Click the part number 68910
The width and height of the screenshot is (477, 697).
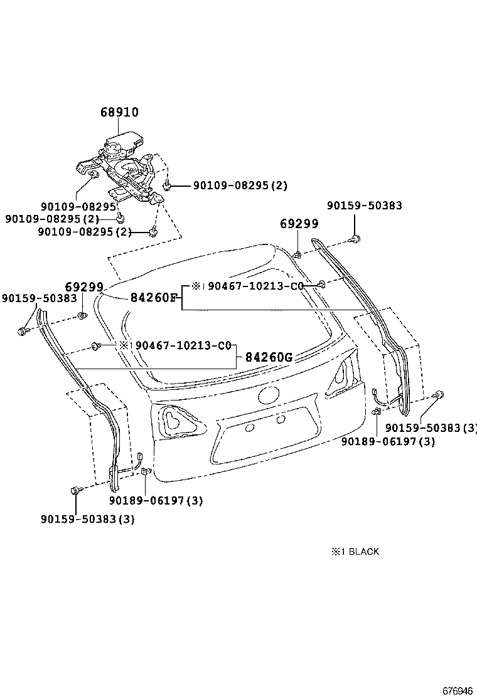click(119, 113)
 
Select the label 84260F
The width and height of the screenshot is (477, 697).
click(154, 298)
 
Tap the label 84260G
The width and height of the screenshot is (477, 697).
click(269, 357)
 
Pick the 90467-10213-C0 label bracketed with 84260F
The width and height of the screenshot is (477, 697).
click(255, 286)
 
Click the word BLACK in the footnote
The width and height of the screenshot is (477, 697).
click(363, 552)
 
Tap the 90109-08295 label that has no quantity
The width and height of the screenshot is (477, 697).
click(79, 206)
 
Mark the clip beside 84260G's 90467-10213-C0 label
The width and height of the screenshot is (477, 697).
click(96, 345)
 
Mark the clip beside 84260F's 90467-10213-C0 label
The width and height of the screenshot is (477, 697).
click(321, 285)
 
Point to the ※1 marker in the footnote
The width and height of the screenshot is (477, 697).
click(335, 552)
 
